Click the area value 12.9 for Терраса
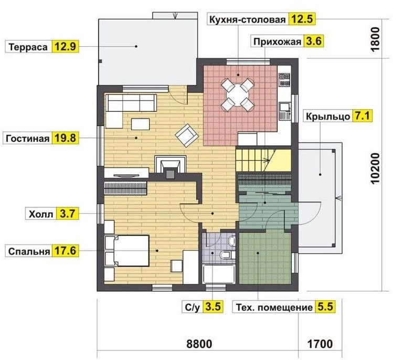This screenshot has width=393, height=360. coord(65,47)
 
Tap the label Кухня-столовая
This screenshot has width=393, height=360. coord(247,19)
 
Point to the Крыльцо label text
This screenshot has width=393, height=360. coord(328,117)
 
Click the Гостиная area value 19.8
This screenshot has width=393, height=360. coord(65,138)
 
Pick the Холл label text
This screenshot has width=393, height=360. coord(41,214)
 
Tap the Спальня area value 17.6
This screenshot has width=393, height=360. coord(65,251)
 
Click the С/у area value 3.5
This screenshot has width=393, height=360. coord(213,306)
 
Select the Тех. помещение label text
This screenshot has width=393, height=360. coord(275,308)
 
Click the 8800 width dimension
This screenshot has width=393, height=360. coord(199,344)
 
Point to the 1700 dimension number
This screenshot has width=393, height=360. coord(320,344)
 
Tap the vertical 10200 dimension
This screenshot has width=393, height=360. coord(375,169)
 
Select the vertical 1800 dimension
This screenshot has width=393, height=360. coord(375,39)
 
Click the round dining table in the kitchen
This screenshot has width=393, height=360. coord(238,95)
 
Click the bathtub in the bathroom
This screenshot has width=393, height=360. coord(219,274)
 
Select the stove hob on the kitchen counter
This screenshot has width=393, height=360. coord(284,80)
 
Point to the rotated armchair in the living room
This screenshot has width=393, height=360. coord(187,135)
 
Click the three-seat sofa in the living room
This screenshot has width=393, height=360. coord(132,103)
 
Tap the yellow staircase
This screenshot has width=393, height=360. coord(263,161)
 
